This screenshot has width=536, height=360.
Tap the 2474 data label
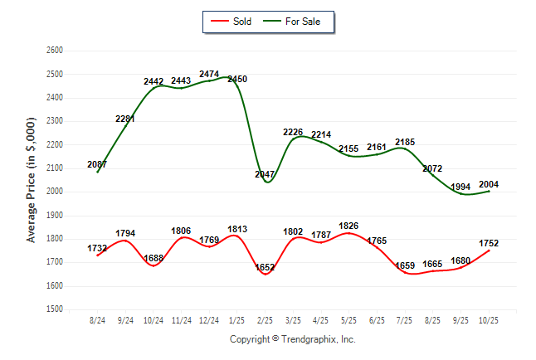[209, 75]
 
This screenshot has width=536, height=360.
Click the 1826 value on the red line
[348, 226]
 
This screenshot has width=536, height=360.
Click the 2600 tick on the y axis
[54, 51]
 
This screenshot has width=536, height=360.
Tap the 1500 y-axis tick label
[54, 309]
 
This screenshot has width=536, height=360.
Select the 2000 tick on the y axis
[54, 192]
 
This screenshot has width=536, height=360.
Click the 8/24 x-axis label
[97, 319]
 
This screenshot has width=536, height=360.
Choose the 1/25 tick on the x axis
[237, 319]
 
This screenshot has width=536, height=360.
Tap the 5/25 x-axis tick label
[349, 319]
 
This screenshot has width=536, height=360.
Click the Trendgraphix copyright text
[292, 339]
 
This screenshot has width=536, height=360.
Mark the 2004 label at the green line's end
[489, 184]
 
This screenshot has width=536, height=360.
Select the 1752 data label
[489, 243]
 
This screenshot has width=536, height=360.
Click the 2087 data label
[97, 164]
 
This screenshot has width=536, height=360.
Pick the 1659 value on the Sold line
[404, 265]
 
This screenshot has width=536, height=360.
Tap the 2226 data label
[293, 132]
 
